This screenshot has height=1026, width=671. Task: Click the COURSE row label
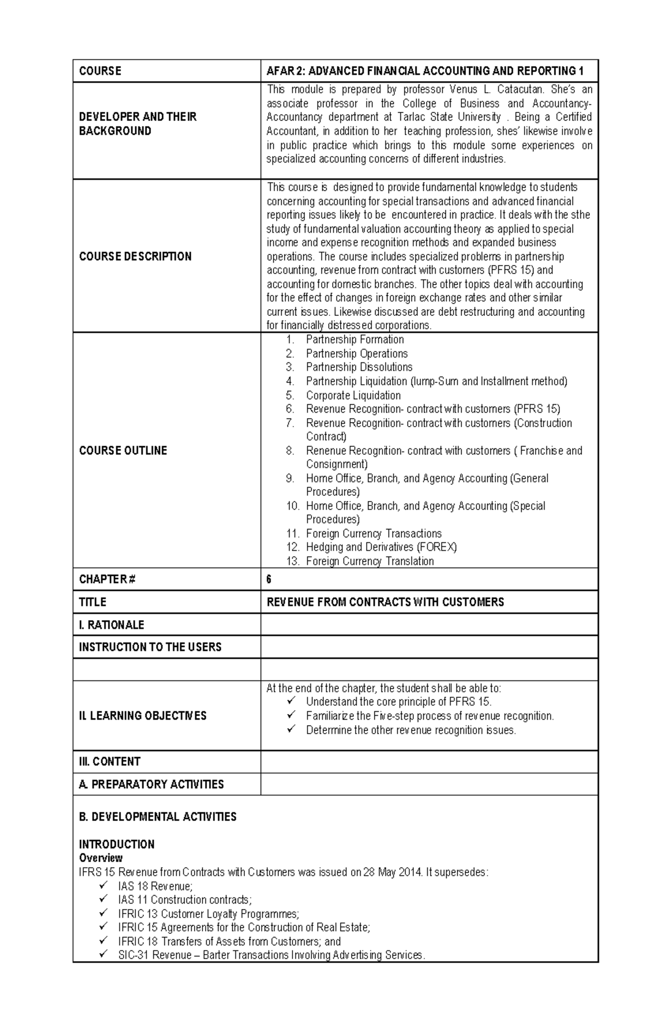pyautogui.click(x=100, y=71)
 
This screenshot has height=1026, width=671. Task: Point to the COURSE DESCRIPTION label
pyautogui.click(x=135, y=256)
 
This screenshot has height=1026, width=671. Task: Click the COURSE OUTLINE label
pyautogui.click(x=123, y=450)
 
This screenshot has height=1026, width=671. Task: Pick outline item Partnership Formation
pyautogui.click(x=355, y=339)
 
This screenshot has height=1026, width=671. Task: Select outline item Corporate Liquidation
pyautogui.click(x=353, y=395)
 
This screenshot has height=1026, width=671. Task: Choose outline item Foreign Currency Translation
pyautogui.click(x=370, y=561)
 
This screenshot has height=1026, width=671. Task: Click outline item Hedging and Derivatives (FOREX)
pyautogui.click(x=381, y=547)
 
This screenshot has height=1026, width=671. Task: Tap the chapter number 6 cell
pyautogui.click(x=269, y=579)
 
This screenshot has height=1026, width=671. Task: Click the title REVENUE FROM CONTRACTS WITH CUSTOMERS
pyautogui.click(x=385, y=602)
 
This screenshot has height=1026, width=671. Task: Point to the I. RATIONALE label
pyautogui.click(x=112, y=625)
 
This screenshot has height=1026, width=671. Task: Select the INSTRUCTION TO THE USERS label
pyautogui.click(x=150, y=647)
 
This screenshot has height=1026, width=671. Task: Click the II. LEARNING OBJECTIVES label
pyautogui.click(x=143, y=716)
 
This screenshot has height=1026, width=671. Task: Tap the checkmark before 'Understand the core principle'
pyautogui.click(x=290, y=701)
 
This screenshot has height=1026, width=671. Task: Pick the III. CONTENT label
pyautogui.click(x=110, y=762)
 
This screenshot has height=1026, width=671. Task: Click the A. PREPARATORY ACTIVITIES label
pyautogui.click(x=152, y=784)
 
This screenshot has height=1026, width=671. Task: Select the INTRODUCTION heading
pyautogui.click(x=117, y=844)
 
